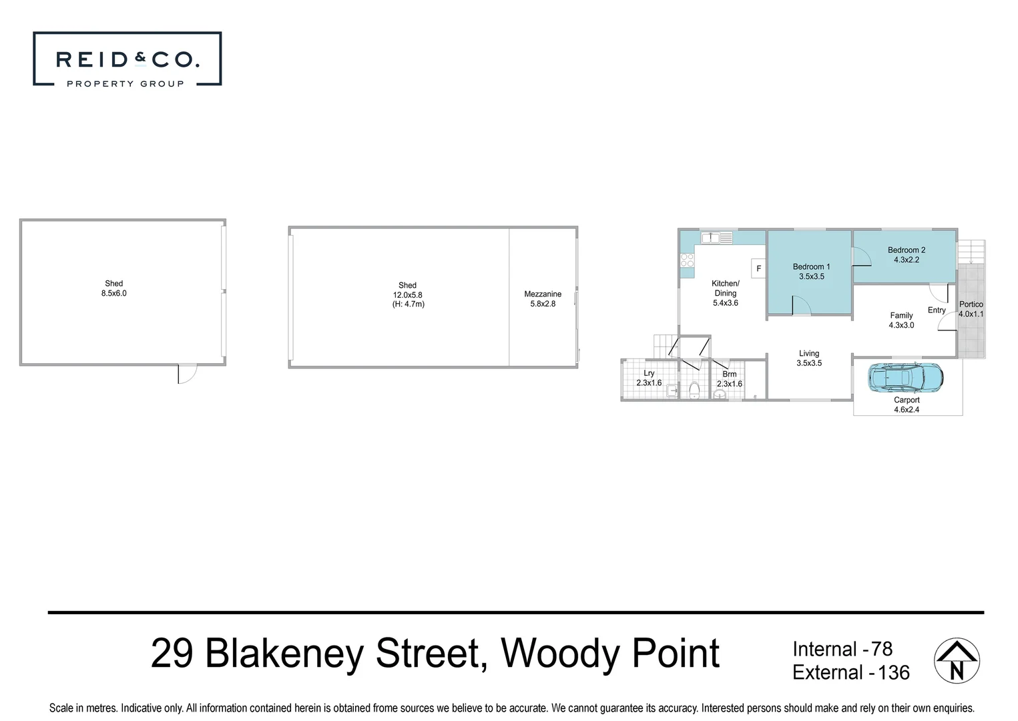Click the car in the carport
click(x=905, y=378)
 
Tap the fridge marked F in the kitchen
click(x=758, y=268)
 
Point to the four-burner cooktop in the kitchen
click(x=687, y=260)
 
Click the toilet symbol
click(x=694, y=390)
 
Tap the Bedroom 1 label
click(x=811, y=266)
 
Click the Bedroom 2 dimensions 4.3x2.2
click(x=906, y=260)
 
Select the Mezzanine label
click(x=543, y=294)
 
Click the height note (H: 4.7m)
click(x=408, y=304)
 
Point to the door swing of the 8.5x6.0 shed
click(x=187, y=374)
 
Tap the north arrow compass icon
click(x=957, y=661)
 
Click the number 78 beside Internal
click(x=881, y=649)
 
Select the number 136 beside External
click(x=894, y=672)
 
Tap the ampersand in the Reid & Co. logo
click(x=140, y=59)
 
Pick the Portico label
click(x=971, y=304)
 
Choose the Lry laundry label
click(x=649, y=373)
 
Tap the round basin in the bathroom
click(x=719, y=395)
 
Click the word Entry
click(x=937, y=310)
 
